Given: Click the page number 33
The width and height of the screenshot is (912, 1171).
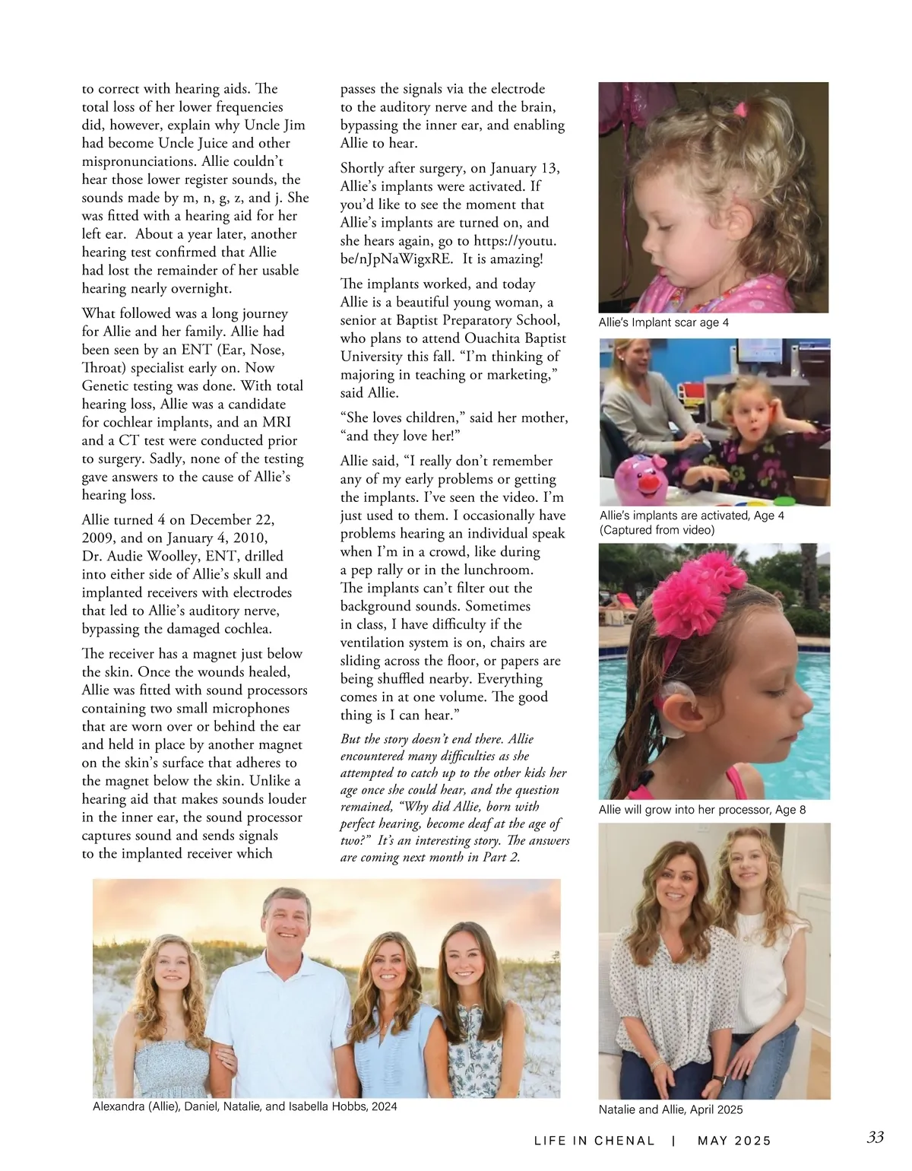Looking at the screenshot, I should (875, 1138).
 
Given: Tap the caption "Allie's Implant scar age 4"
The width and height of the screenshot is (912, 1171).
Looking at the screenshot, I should (663, 322).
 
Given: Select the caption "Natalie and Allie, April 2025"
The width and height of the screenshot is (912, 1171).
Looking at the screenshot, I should (670, 1109).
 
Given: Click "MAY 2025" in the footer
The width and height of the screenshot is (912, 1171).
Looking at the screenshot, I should (733, 1141).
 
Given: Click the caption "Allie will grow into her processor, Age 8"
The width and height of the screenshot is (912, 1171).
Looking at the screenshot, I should (701, 810).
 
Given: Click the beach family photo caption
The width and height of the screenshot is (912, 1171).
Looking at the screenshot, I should (245, 1106).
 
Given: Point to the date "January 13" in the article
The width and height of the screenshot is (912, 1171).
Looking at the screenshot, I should (524, 168).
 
